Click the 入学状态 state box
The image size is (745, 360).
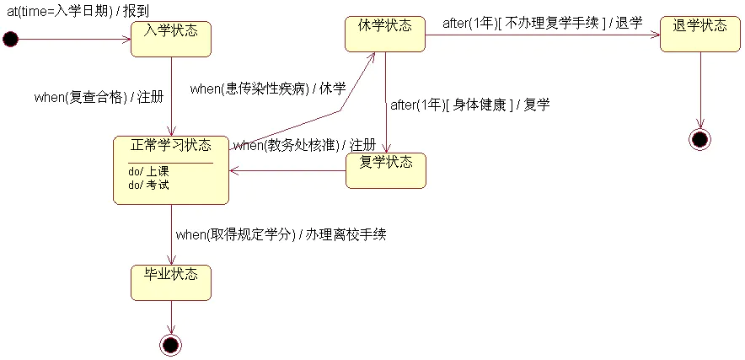(171, 39)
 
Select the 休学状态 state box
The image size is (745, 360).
(385, 34)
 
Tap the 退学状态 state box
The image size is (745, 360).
(699, 34)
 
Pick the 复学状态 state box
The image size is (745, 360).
(386, 169)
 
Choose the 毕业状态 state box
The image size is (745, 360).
(171, 282)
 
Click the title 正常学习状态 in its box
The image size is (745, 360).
(171, 145)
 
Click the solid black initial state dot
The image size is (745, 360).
(10, 39)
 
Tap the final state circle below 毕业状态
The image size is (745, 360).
(171, 344)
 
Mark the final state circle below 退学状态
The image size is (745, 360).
(699, 139)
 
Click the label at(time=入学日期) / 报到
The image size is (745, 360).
(78, 11)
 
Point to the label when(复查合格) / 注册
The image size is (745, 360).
(94, 96)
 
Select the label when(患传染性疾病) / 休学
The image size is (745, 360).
(268, 89)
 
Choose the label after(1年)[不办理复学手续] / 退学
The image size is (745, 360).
(542, 23)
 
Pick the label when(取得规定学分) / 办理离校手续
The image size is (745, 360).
(281, 234)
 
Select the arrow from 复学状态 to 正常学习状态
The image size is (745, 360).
(287, 169)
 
